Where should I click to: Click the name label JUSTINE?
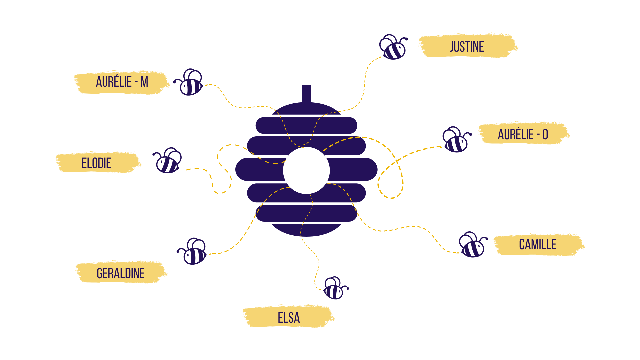467,47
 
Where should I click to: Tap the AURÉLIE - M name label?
122,82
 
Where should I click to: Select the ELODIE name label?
96,163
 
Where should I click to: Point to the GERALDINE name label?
121,273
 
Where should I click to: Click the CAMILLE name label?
538,244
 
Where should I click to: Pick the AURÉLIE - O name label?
523,134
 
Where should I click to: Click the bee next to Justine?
393,47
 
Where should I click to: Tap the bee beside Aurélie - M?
188,82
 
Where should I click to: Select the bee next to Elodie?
167,160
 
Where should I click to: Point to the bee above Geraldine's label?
192,251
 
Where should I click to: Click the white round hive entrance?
306,170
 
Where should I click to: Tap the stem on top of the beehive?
306,94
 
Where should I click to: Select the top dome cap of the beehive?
306,108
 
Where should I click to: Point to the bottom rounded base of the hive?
306,230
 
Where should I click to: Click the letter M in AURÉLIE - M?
144,82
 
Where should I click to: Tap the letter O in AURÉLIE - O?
545,134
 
